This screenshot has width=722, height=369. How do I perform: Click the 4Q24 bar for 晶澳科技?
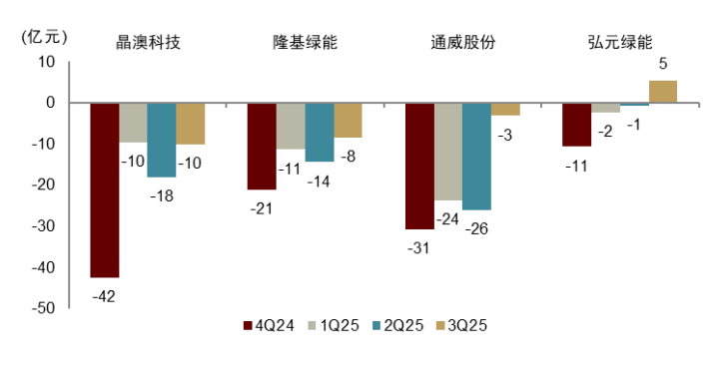(105, 189)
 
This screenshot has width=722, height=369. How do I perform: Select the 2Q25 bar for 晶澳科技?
(162, 140)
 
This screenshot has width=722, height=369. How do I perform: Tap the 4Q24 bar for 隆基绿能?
(263, 146)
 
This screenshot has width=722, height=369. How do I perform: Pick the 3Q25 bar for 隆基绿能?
(349, 120)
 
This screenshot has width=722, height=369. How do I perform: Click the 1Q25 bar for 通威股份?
(448, 152)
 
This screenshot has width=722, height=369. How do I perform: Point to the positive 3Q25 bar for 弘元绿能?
(663, 92)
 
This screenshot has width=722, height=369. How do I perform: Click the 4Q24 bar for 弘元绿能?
(577, 125)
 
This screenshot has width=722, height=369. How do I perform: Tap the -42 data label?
(105, 295)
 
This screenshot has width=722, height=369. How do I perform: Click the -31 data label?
(418, 247)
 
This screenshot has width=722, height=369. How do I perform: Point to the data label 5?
(663, 65)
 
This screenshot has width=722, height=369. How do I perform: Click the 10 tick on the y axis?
(46, 62)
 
